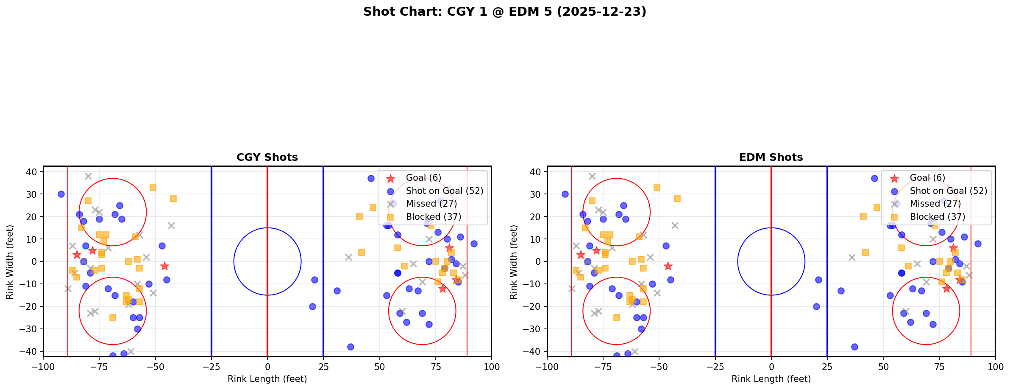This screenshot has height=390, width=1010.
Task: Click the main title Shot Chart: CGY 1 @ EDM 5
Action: coord(504,11)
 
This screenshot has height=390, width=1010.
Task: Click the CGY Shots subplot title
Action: coord(267,157)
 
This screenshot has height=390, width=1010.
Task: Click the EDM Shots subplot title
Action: coord(771,157)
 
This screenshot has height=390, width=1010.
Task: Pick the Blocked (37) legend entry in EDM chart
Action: coord(937,217)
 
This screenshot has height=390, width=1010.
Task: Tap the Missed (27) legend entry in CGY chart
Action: coord(431,204)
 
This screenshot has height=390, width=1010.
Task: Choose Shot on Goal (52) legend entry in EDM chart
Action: coord(948,191)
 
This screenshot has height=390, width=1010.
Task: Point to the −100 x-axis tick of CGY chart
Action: coord(43,367)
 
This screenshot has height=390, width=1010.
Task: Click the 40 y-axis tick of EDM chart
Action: coord(536,172)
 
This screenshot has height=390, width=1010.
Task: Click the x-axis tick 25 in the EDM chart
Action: coord(827,367)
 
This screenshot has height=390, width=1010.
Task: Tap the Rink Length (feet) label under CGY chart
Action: coord(267,379)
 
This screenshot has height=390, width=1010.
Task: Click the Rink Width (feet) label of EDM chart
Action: coord(514,262)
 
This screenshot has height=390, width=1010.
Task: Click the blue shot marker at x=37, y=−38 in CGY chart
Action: coord(351,347)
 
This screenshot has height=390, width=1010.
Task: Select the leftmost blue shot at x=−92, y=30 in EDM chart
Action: coord(565,194)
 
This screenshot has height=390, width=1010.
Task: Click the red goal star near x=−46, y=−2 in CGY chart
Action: coord(164,266)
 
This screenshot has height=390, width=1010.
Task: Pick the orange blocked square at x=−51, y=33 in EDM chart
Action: coord(657,188)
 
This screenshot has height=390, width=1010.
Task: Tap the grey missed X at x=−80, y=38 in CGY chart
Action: coord(88,176)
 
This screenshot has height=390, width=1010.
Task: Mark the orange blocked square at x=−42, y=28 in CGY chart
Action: coord(173,199)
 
